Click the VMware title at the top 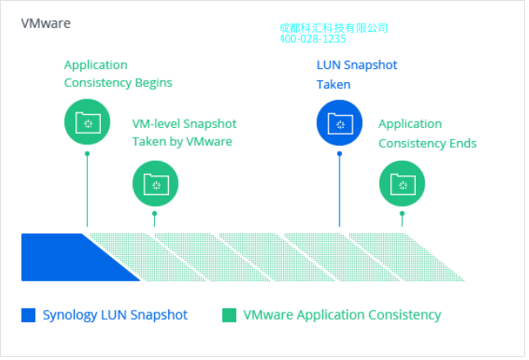coord(46,23)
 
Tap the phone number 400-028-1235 coord(312,39)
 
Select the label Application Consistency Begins coord(118,74)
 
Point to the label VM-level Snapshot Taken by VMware coord(185,133)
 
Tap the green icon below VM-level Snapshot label coord(155,184)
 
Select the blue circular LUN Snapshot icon coord(340,123)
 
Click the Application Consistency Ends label coord(427,134)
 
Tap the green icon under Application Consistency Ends coord(402,184)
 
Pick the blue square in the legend coord(29,315)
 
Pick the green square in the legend coord(230,315)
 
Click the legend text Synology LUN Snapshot coord(115,315)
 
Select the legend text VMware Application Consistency coord(342,315)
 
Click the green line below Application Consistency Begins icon coord(87,189)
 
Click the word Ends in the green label coord(462,144)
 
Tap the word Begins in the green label coord(153,83)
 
